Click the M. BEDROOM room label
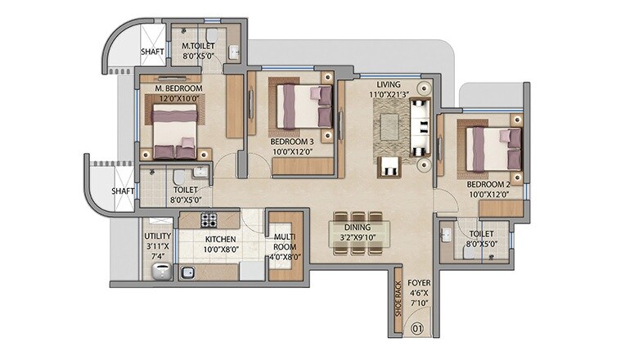[x=178, y=88]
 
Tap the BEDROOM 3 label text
[x=292, y=141]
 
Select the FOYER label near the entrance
[x=418, y=288]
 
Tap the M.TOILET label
[x=198, y=47]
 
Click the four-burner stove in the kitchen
[x=209, y=220]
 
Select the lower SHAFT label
[x=123, y=191]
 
